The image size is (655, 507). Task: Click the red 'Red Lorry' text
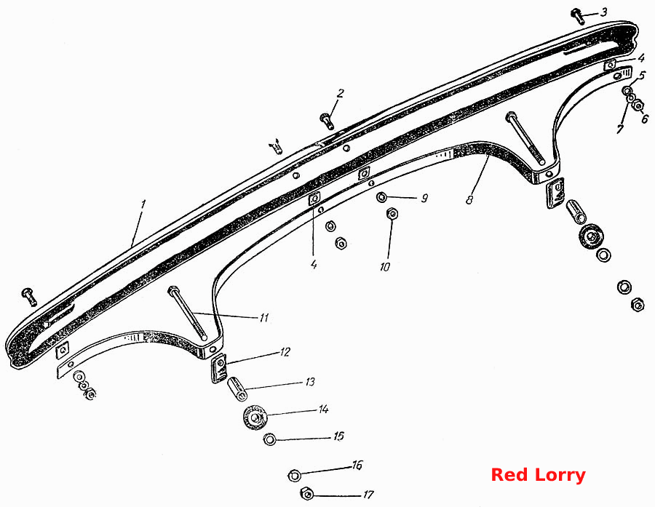[x=538, y=475]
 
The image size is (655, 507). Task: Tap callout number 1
[x=143, y=204]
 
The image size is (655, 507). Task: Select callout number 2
[x=341, y=93]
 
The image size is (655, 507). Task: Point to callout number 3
[x=603, y=12]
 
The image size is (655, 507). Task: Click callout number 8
[x=469, y=199]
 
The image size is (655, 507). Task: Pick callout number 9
[x=424, y=198]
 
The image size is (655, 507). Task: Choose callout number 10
[x=385, y=266]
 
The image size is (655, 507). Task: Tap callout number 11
[x=263, y=318]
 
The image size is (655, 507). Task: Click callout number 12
[x=285, y=352]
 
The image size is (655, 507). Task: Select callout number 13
[x=309, y=382]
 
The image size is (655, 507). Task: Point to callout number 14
[x=323, y=410]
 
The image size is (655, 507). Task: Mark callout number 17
[x=368, y=495]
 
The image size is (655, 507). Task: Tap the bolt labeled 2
[x=325, y=120]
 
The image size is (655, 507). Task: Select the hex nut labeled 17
[x=307, y=494]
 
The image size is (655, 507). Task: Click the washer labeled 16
[x=295, y=475]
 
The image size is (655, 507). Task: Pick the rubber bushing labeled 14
[x=255, y=418]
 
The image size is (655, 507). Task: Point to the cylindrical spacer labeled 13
[x=237, y=388]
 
